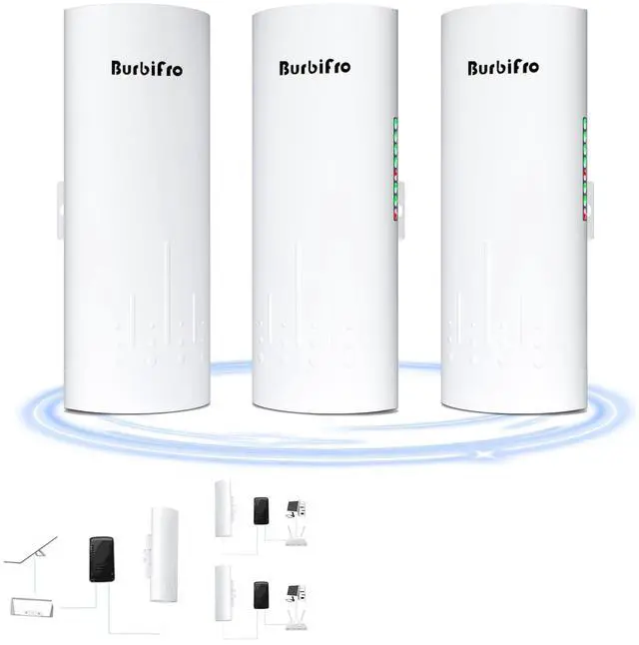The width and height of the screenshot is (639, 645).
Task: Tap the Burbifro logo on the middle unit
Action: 314,68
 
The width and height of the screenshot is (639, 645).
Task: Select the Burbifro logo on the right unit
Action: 503,68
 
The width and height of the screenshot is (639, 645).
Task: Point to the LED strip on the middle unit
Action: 395,167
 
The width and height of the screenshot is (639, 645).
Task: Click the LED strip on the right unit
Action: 586,167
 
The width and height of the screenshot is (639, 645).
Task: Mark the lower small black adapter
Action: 262,596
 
